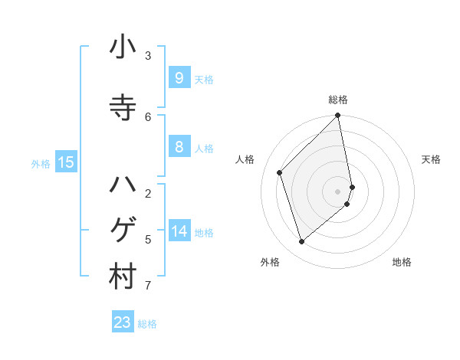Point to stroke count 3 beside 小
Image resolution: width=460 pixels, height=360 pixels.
click(148, 56)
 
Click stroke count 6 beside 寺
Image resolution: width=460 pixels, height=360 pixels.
click(148, 116)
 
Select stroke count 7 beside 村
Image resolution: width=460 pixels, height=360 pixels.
click(148, 286)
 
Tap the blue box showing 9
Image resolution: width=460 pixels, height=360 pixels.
click(179, 77)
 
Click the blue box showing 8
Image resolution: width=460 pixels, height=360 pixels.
click(179, 147)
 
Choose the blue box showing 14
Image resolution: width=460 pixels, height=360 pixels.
click(179, 231)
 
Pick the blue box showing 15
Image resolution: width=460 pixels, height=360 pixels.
click(65, 162)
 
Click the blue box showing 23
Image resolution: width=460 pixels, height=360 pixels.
click(123, 322)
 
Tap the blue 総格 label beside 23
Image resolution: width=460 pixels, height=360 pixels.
click(147, 324)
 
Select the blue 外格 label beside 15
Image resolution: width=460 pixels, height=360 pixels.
click(41, 163)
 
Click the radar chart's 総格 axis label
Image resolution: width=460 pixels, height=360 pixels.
click(338, 100)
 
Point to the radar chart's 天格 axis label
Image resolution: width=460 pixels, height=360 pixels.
click(432, 159)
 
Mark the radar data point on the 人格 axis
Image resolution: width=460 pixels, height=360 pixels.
click(280, 172)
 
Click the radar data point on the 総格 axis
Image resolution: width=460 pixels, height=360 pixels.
click(338, 116)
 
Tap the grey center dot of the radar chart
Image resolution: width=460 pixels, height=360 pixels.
click(338, 191)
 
